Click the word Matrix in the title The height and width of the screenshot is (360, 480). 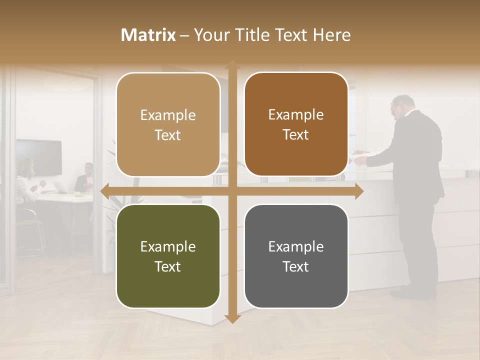point(148,35)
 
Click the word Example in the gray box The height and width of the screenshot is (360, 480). point(296,246)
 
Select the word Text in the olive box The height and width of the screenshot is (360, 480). point(168,266)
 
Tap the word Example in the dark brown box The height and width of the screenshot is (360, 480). point(296,115)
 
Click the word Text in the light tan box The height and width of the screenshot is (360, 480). point(168,135)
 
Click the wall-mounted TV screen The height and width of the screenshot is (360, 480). point(38,157)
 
